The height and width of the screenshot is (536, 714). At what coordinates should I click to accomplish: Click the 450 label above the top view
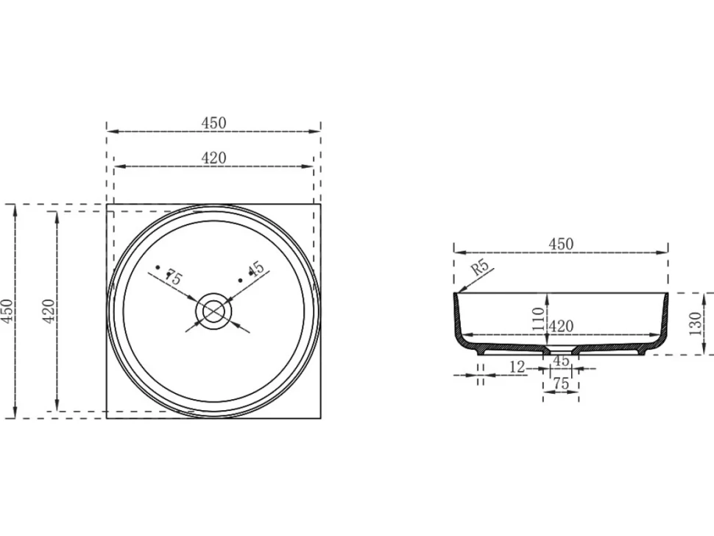[x=213, y=123]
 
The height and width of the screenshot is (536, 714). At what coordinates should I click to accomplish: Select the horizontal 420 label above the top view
[x=213, y=158]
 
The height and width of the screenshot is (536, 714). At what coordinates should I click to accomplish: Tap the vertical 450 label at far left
[x=8, y=311]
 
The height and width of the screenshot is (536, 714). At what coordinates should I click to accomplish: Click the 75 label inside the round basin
[x=174, y=277]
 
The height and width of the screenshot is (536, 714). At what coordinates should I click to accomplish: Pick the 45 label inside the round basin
[x=256, y=268]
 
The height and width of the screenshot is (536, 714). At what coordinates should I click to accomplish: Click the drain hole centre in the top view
[x=213, y=311]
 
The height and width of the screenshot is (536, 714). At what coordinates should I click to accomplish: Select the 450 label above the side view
[x=561, y=244]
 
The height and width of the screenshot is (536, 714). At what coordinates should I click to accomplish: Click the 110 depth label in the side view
[x=538, y=319]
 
